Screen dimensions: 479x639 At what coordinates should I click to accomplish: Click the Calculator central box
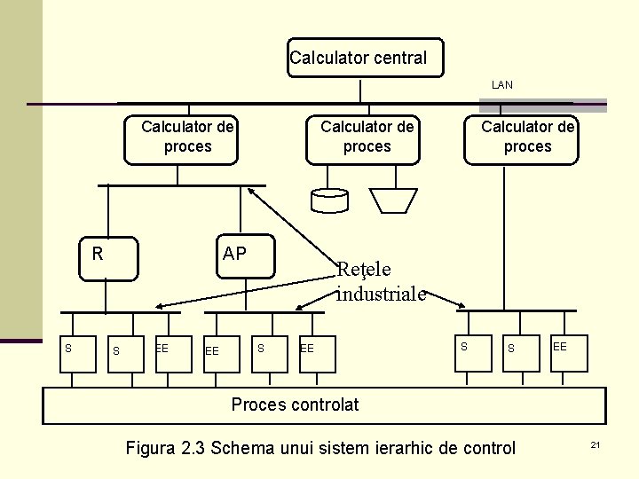pyautogui.click(x=364, y=59)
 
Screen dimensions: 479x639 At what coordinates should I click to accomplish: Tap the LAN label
pyautogui.click(x=502, y=85)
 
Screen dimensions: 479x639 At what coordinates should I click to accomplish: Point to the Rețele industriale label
pyautogui.click(x=380, y=281)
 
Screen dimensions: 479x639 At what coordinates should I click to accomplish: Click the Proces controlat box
pyautogui.click(x=324, y=405)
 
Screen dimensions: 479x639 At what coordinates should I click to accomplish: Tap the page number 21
pyautogui.click(x=596, y=444)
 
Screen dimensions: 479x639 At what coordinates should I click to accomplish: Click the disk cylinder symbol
pyautogui.click(x=330, y=200)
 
